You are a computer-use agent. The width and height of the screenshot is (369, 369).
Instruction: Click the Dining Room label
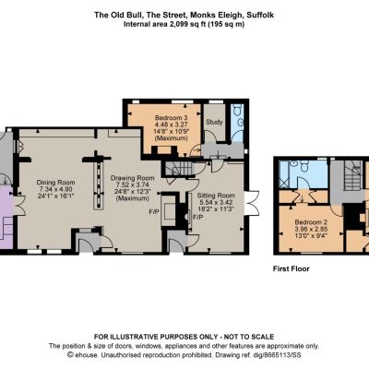55,182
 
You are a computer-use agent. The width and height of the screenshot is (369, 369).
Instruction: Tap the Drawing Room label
133,178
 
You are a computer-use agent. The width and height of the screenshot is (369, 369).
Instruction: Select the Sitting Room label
216,196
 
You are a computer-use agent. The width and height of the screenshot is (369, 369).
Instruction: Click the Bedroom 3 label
172,118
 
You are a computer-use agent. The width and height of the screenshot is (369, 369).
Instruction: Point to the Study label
214,122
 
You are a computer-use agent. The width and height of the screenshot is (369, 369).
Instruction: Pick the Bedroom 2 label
311,222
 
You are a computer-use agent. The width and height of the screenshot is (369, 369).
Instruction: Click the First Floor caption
292,268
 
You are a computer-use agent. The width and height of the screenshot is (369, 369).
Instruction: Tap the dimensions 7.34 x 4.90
55,189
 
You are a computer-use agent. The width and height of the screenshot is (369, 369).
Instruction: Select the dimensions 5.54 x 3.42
216,202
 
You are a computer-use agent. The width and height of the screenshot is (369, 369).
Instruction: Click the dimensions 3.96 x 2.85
311,229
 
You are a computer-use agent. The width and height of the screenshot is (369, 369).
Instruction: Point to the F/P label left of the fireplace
154,212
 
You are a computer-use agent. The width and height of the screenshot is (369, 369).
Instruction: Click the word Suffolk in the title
260,15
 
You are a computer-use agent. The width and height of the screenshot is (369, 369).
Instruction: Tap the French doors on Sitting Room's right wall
251,203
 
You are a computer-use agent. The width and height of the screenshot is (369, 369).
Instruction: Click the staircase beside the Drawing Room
179,169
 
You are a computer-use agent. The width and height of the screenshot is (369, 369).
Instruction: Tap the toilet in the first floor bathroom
305,166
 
